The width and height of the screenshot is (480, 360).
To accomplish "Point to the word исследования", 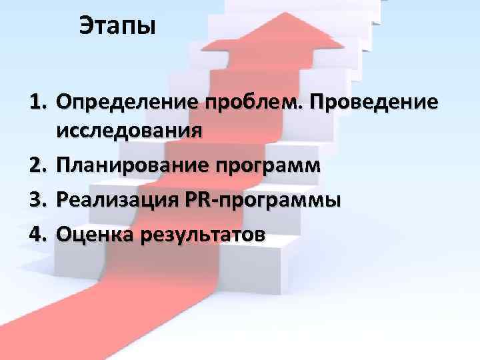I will click(129, 131).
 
